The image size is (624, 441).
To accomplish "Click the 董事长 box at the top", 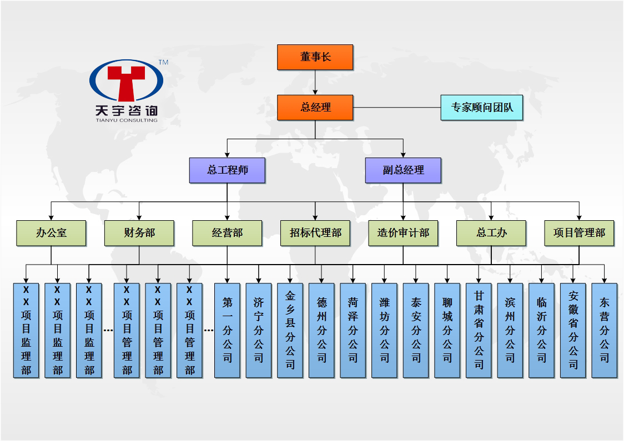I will point(315,57).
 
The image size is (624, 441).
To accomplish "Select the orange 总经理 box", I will point(315,108).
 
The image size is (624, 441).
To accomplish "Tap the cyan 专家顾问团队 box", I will point(482,108).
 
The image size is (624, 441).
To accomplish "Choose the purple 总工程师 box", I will point(227,170).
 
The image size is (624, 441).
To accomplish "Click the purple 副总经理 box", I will point(403,170).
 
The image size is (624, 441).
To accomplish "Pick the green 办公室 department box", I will point(51,233).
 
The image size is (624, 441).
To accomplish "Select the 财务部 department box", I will point(139,233).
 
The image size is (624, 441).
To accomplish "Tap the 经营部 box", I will point(227,233).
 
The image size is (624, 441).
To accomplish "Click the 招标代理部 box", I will point(315,233).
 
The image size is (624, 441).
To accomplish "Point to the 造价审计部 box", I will point(403,233).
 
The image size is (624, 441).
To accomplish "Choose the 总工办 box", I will point(491,233).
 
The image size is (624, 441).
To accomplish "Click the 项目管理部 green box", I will point(579,233).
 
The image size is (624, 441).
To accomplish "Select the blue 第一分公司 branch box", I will point(227,331).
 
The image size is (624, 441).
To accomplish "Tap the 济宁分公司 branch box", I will point(259,331).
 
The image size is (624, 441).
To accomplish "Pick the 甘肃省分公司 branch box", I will point(479,331).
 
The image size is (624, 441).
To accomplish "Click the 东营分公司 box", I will point(604,331).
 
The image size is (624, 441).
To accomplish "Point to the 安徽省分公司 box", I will point(573,331).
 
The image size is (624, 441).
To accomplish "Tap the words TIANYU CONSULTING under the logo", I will point(126,120).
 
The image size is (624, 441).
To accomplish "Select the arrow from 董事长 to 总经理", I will point(315,83).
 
